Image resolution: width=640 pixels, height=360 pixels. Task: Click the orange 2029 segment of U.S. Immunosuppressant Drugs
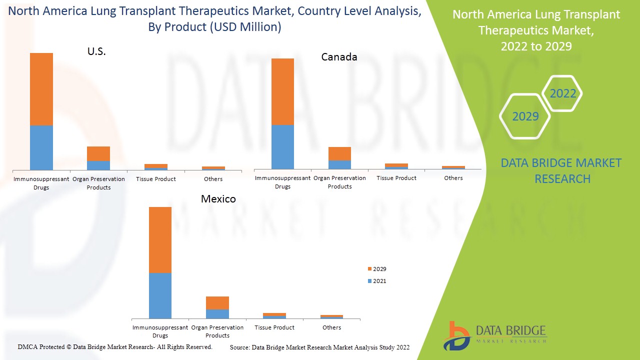coord(41,89)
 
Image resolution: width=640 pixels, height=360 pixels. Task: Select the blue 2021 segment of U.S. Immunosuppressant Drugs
coord(41,147)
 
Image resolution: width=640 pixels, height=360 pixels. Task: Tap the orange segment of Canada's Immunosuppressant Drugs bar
coord(282,91)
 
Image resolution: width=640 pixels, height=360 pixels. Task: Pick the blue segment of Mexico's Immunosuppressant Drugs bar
coord(160,295)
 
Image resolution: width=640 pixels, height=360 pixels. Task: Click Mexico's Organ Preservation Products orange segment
coord(217,303)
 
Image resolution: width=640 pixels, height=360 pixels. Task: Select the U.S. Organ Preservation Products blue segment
coord(98,165)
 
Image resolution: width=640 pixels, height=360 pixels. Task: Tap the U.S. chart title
coord(96,51)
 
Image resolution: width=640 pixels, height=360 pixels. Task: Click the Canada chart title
coord(339,57)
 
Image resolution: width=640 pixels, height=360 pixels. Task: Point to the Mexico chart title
coord(218,199)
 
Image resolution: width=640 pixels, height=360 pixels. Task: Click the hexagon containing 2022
coord(562,93)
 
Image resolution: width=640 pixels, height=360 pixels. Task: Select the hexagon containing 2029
coord(525,116)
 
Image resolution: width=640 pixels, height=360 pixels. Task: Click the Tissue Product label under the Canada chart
coord(396,178)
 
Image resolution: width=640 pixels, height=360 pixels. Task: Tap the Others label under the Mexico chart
coord(331,327)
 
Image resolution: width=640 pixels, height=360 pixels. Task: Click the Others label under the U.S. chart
coord(213,179)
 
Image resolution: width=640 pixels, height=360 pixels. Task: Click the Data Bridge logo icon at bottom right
coord(456,335)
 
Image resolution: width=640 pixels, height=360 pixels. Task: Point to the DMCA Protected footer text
coord(115,346)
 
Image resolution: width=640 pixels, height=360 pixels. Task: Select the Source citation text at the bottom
coord(319,347)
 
